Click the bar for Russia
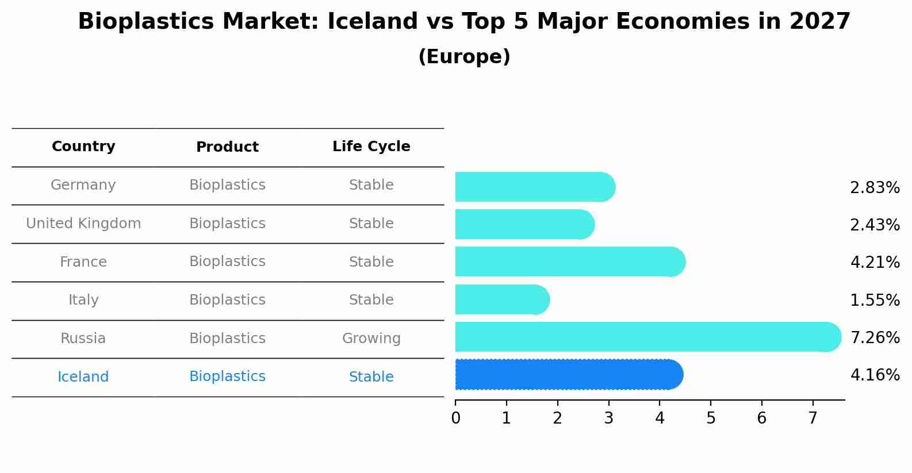point(648,337)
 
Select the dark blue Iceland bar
point(569,375)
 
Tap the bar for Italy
point(503,299)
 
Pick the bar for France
point(570,262)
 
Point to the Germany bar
point(535,187)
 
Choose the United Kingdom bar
point(525,224)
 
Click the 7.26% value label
point(875,337)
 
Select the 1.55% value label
point(875,300)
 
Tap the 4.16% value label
point(875,375)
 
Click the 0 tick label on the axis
point(455,418)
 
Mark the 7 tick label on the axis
point(813,418)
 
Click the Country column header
point(83,146)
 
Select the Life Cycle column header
point(371,146)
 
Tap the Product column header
point(227,147)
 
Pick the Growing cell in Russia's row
point(371,339)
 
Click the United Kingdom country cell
point(83,223)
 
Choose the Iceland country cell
point(83,376)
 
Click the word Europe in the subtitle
point(464,56)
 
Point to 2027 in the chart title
point(820,21)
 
